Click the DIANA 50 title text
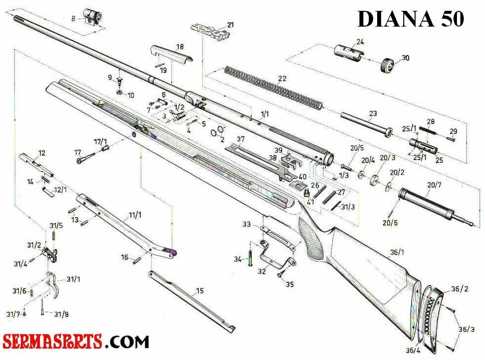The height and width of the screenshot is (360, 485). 410,19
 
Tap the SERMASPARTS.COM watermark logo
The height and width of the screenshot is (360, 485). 76,341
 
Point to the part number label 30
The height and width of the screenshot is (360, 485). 405,58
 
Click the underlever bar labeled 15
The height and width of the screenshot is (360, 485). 192,300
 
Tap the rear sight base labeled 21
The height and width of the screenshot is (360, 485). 213,31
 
